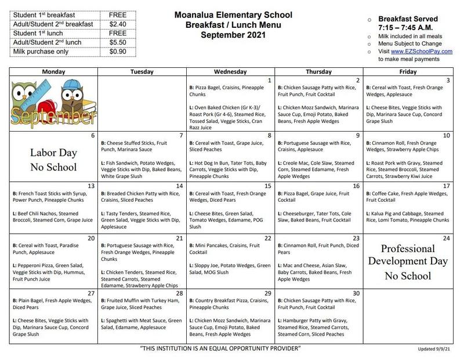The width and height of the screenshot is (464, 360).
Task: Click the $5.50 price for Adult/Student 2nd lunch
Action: [x=119, y=43]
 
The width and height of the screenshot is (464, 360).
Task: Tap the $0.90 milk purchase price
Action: [x=119, y=52]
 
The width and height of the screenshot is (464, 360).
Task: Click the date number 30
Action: [x=357, y=293]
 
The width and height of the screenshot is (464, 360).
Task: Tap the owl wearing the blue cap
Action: [x=71, y=96]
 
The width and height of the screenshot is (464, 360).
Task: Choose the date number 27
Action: [x=92, y=293]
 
